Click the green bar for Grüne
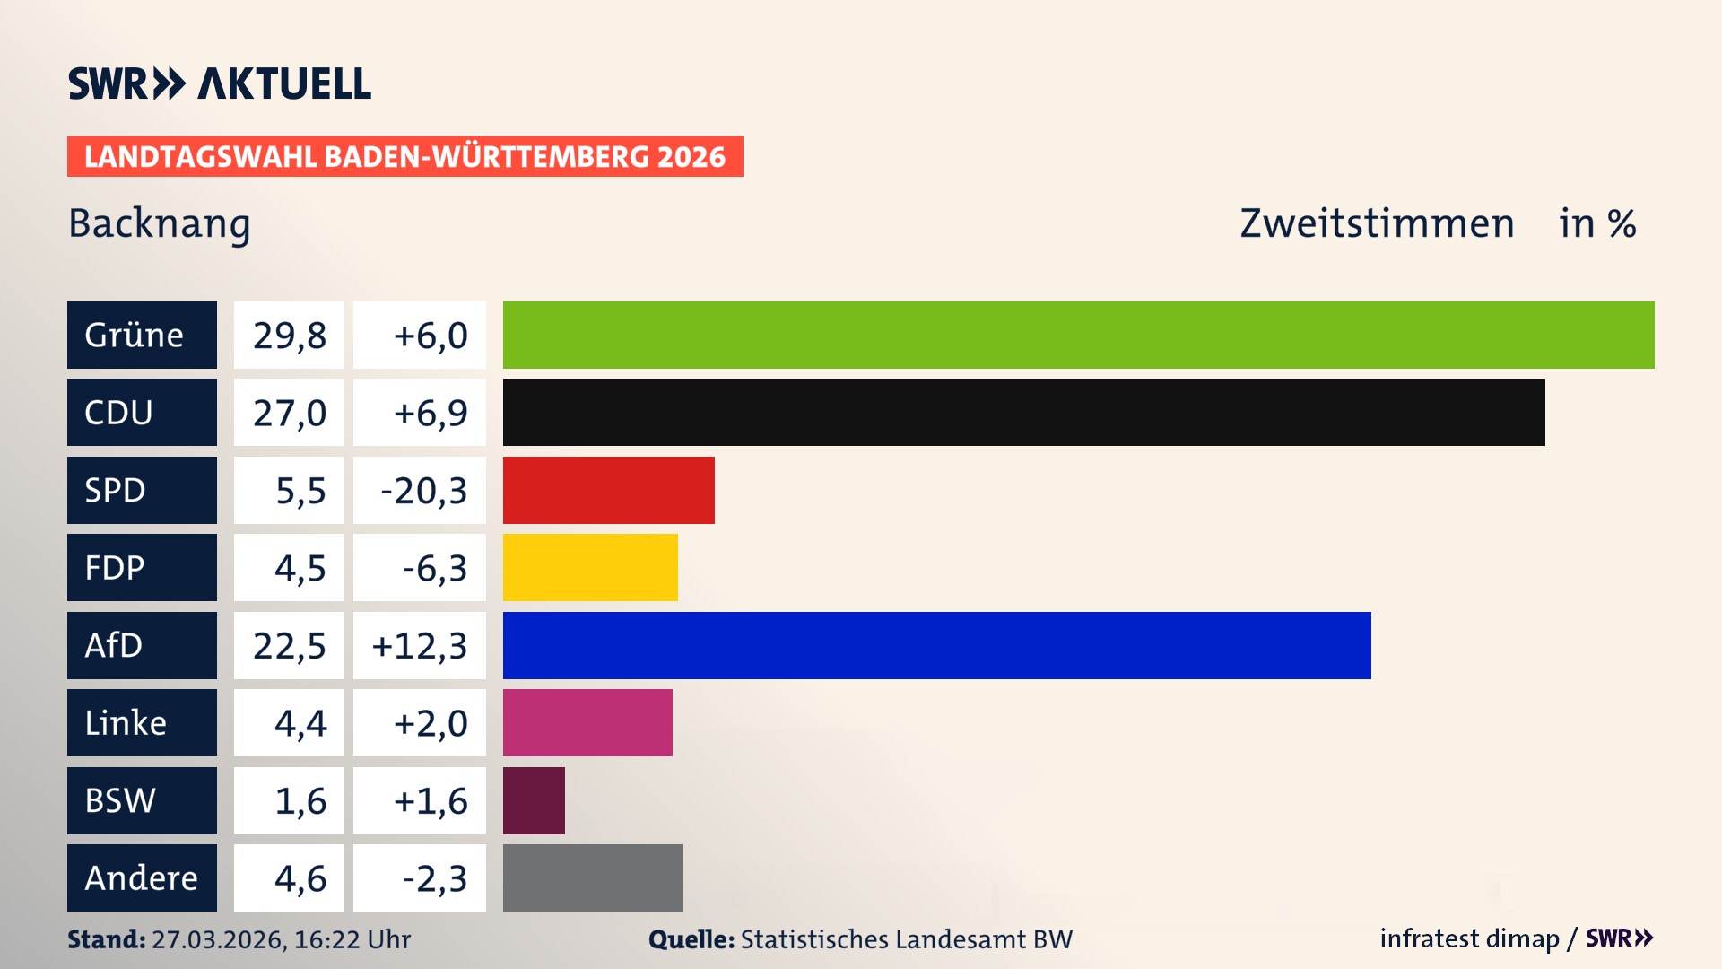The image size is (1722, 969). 1078,335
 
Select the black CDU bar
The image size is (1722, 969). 1023,412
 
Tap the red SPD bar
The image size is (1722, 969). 608,490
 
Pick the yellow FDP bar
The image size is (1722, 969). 590,567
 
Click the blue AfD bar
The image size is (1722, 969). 936,645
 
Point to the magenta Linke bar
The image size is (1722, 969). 587,722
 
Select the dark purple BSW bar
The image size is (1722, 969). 534,800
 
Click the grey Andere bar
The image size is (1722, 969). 592,877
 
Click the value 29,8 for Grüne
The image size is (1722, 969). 289,335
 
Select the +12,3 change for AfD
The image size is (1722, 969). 420,645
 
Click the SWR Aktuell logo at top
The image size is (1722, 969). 219,83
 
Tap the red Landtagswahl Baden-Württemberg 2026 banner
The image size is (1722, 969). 404,156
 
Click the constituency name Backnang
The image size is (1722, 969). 160,223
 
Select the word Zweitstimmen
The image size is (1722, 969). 1377,223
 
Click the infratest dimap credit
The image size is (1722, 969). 1468,938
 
